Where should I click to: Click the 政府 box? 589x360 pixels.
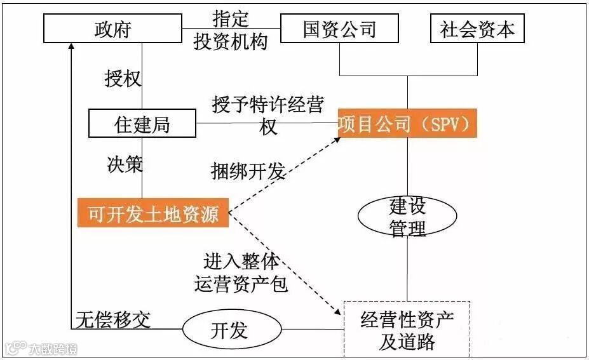pos(112,29)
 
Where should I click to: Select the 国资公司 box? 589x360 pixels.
pos(339,29)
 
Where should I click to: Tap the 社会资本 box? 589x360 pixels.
pos(477,29)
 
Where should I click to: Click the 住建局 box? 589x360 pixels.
pos(142,124)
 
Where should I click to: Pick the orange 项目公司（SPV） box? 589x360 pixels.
pos(407,123)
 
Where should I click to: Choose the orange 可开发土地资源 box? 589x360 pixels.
pos(152,214)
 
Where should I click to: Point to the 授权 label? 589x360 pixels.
pos(123,79)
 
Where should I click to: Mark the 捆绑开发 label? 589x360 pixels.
pos(248,171)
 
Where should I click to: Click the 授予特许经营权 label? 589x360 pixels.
pos(267,114)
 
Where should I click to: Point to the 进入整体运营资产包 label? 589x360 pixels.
pos(241,272)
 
